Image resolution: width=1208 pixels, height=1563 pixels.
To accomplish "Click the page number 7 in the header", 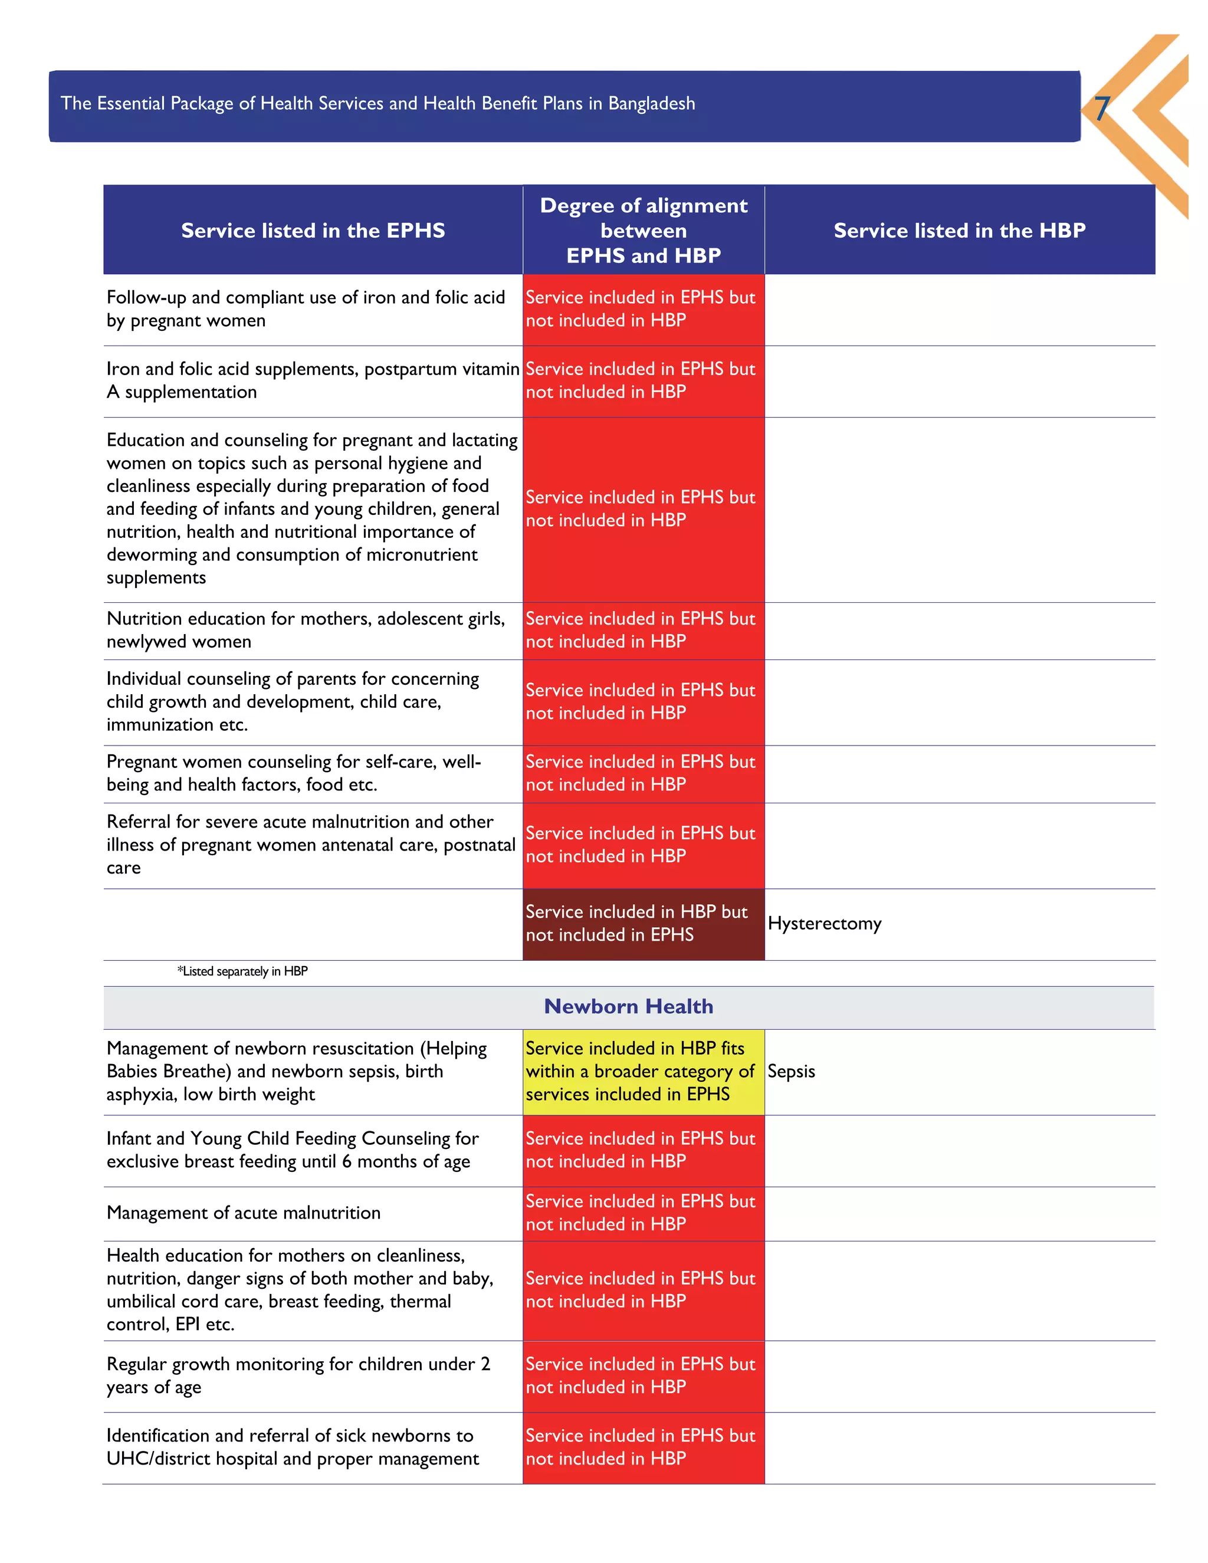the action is click(1102, 109).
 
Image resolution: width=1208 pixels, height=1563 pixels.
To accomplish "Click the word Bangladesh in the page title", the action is click(651, 104).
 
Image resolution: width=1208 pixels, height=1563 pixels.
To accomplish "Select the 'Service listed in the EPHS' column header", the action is click(313, 231).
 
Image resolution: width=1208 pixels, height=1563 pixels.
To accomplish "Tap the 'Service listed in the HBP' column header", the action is click(959, 231).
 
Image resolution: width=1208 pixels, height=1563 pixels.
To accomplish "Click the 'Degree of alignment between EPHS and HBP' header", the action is click(644, 231).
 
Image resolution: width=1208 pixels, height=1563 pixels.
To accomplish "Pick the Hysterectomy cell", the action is click(825, 923).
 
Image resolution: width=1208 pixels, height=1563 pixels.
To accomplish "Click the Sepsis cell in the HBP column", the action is click(791, 1071).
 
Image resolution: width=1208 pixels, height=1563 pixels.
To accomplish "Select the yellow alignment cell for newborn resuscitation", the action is click(643, 1071).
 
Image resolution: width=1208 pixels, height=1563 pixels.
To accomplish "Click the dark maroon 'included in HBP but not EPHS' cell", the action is click(643, 923).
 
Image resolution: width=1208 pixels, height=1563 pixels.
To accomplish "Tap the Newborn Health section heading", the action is click(628, 1006).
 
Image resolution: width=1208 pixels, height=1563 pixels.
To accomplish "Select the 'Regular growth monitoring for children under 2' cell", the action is click(298, 1375).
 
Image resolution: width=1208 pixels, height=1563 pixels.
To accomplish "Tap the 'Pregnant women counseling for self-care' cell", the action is click(293, 773).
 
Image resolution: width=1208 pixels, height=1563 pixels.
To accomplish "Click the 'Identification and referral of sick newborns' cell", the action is click(292, 1447).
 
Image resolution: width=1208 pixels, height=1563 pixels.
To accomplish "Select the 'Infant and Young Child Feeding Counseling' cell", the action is click(292, 1150).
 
